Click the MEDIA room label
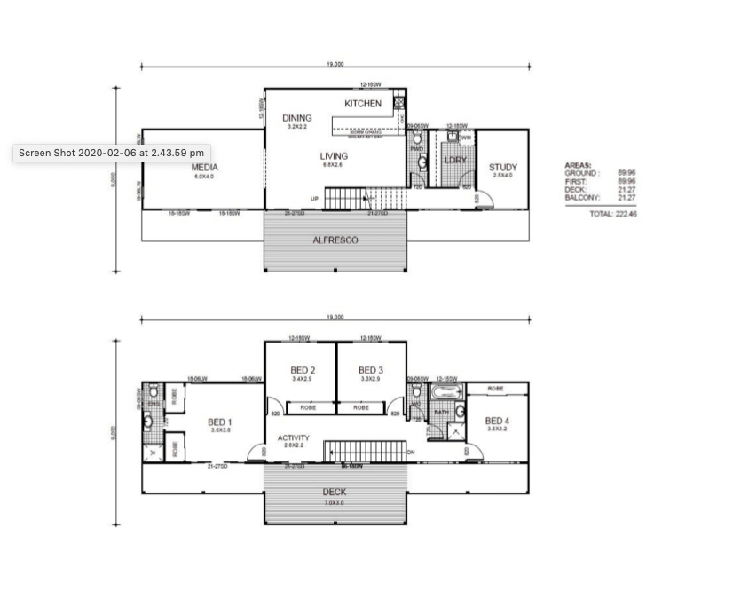tap(204, 167)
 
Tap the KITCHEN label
tap(363, 104)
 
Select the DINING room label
tap(296, 118)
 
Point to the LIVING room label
tap(334, 156)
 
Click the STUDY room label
tap(502, 167)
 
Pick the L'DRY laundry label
tap(455, 160)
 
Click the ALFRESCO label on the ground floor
tap(335, 240)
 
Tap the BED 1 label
tap(220, 422)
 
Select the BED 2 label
tap(303, 370)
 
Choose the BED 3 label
tap(370, 370)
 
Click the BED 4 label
tap(497, 421)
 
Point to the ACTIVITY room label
tap(293, 437)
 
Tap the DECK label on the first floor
tap(335, 492)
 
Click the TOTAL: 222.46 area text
tap(613, 214)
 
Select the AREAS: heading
tap(578, 165)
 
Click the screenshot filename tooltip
tap(112, 153)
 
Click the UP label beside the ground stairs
tap(314, 199)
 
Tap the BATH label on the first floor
tap(440, 412)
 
